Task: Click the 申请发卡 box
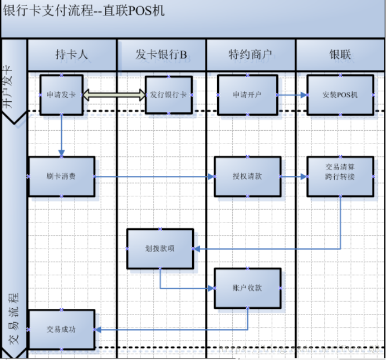pyautogui.click(x=61, y=95)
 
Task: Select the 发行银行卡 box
pyautogui.click(x=169, y=95)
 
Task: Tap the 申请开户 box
pyautogui.click(x=247, y=95)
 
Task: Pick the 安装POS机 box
pyautogui.click(x=340, y=95)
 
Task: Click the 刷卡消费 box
pyautogui.click(x=61, y=176)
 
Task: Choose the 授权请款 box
pyautogui.click(x=247, y=176)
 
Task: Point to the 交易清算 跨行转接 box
pyautogui.click(x=340, y=176)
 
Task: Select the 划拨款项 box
pyautogui.click(x=160, y=248)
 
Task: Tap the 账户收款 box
pyautogui.click(x=247, y=288)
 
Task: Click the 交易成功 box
pyautogui.click(x=61, y=329)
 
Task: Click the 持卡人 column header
pyautogui.click(x=72, y=55)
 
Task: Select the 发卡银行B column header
pyautogui.click(x=161, y=55)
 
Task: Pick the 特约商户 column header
pyautogui.click(x=250, y=55)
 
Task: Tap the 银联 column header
pyautogui.click(x=340, y=55)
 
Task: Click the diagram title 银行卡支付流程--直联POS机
pyautogui.click(x=84, y=12)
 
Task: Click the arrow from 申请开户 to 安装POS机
pyautogui.click(x=292, y=95)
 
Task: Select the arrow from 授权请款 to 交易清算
pyautogui.click(x=294, y=176)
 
